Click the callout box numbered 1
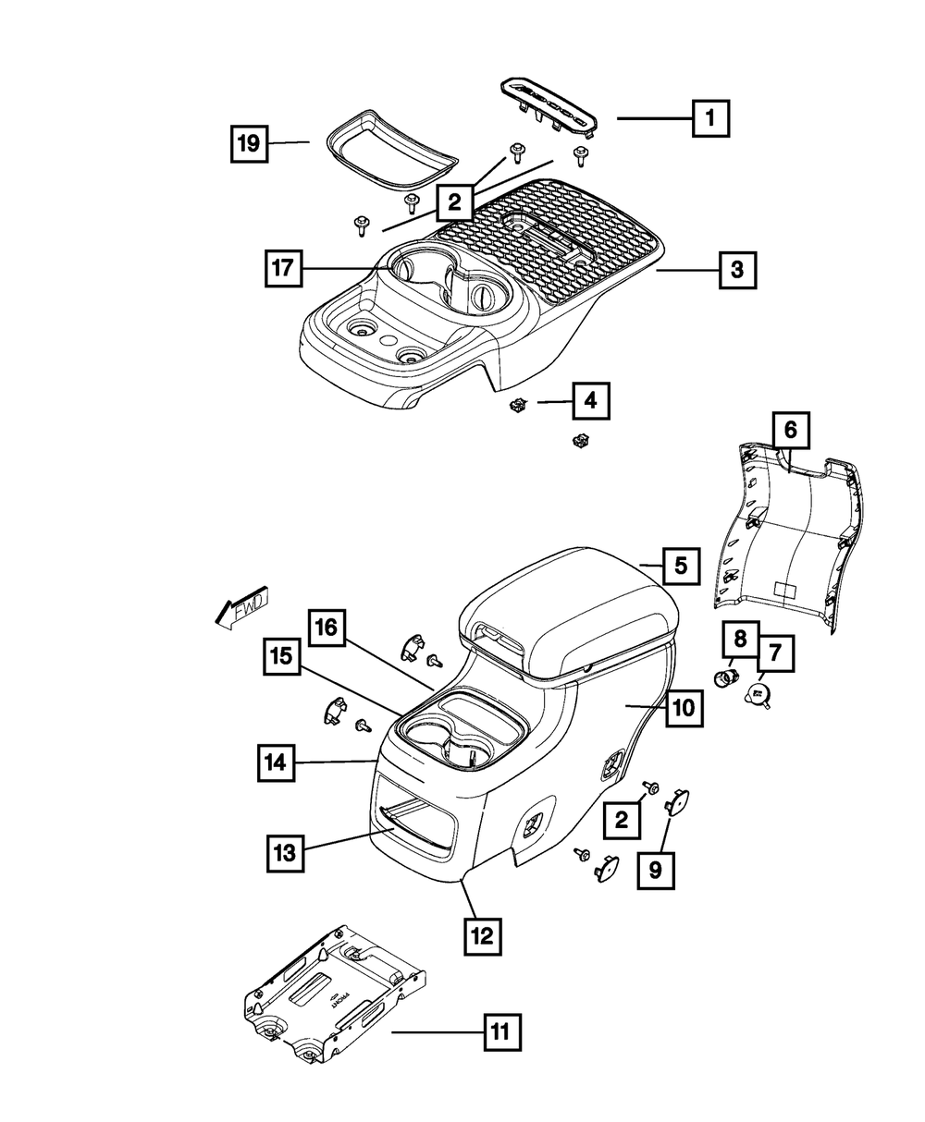click(709, 117)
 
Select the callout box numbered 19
click(247, 143)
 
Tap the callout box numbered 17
click(281, 268)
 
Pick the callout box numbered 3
click(736, 270)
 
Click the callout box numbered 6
click(790, 430)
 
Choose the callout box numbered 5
click(681, 566)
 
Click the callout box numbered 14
click(276, 763)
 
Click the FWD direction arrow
click(238, 609)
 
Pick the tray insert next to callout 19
click(380, 153)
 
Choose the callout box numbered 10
click(682, 708)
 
